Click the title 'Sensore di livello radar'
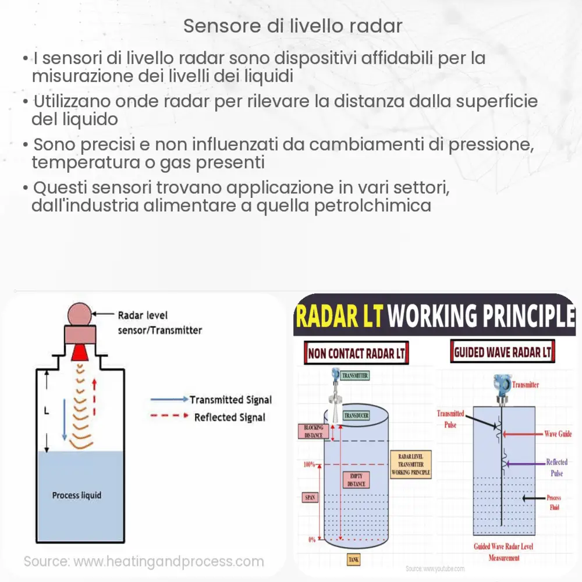pyautogui.click(x=293, y=26)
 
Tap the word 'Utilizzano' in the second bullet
pyautogui.click(x=73, y=101)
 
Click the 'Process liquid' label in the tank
pyautogui.click(x=76, y=495)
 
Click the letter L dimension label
pyautogui.click(x=46, y=411)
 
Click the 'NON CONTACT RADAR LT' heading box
pyautogui.click(x=356, y=353)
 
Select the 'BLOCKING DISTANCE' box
pyautogui.click(x=313, y=431)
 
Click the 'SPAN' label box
pyautogui.click(x=309, y=498)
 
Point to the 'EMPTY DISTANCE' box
pyautogui.click(x=356, y=479)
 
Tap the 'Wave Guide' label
pyautogui.click(x=557, y=434)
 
